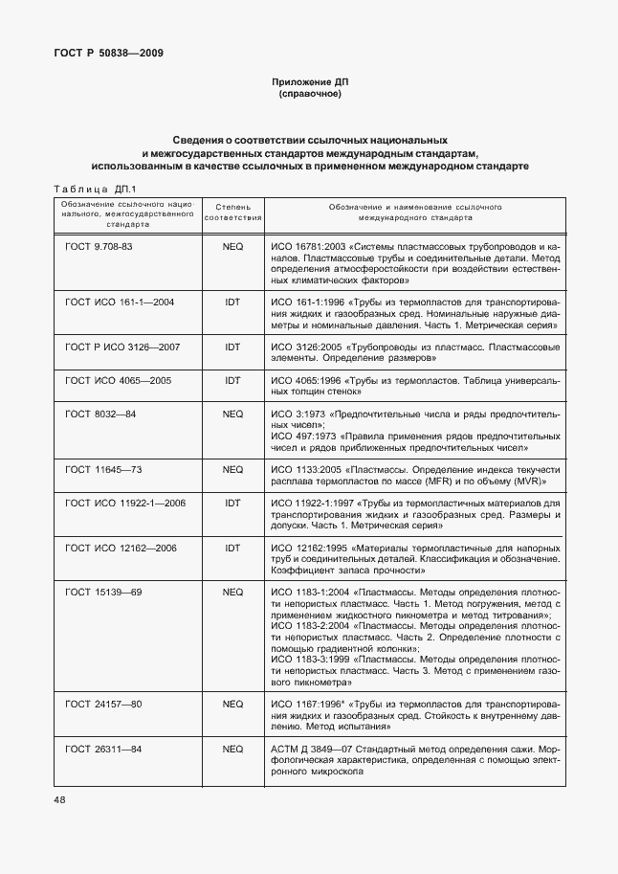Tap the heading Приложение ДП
pyautogui.click(x=308, y=83)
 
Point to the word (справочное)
pyautogui.click(x=308, y=96)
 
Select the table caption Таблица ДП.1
pyautogui.click(x=97, y=189)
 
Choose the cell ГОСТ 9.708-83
pyautogui.click(x=99, y=247)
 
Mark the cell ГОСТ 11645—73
pyautogui.click(x=103, y=470)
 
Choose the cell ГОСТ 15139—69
pyautogui.click(x=103, y=592)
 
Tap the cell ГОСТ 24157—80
pyautogui.click(x=103, y=704)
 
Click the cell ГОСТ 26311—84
pyautogui.click(x=103, y=748)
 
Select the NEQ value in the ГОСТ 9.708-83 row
pyautogui.click(x=232, y=247)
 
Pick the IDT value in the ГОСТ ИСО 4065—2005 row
pyautogui.click(x=232, y=380)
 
